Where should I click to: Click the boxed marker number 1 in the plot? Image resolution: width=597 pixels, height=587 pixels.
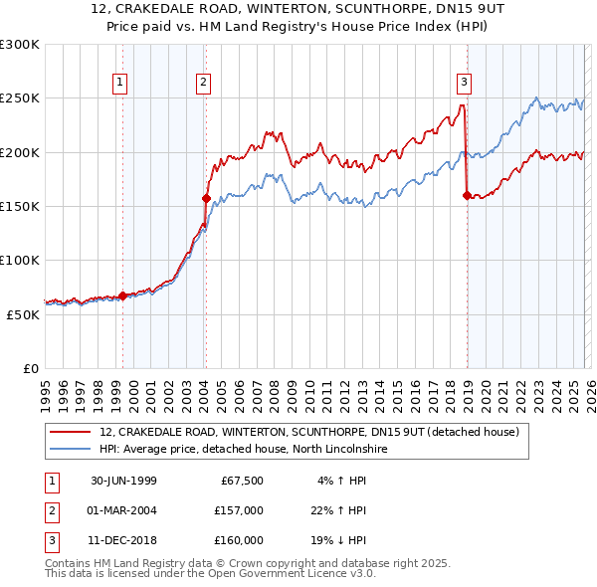click(x=119, y=84)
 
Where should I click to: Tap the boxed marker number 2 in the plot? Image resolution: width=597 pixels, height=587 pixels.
click(x=203, y=84)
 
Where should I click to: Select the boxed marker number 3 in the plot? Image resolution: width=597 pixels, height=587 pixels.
click(x=464, y=84)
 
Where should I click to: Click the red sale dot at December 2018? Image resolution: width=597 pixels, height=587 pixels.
click(x=466, y=196)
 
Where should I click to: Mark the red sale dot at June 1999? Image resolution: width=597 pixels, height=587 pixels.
click(x=123, y=295)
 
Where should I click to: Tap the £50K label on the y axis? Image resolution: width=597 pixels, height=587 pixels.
click(x=23, y=313)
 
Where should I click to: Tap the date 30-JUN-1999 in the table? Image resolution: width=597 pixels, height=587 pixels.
click(x=123, y=481)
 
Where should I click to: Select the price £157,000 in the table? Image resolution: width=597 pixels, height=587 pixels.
click(x=239, y=510)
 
